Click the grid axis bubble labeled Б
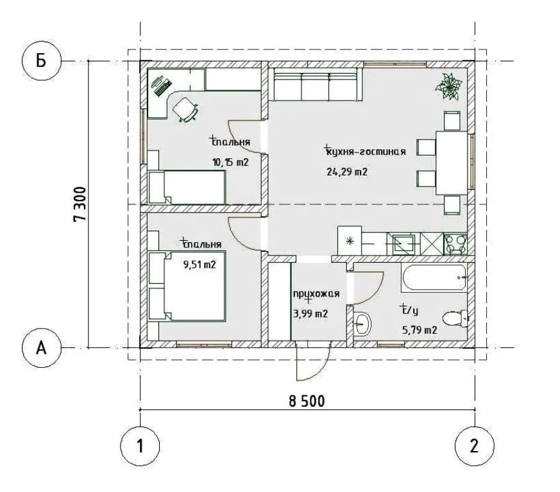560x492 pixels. coord(42,61)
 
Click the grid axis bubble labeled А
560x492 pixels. coord(42,347)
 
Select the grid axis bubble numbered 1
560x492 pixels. coord(140,446)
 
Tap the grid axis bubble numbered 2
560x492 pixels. coord(474,446)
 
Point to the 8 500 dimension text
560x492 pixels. coord(307,402)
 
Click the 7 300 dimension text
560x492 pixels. coord(80,204)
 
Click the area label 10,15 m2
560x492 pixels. coord(230,163)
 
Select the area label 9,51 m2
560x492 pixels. coord(199,265)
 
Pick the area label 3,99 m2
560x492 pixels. coord(310,314)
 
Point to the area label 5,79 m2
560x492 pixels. coord(420,330)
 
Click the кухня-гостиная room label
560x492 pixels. coord(366,152)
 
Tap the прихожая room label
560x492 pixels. coord(316,294)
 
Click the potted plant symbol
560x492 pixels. coord(448,86)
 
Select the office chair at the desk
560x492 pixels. coord(185,110)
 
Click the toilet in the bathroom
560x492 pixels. coord(455,318)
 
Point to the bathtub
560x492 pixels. coord(434,277)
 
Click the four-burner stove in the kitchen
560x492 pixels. coord(455,243)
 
